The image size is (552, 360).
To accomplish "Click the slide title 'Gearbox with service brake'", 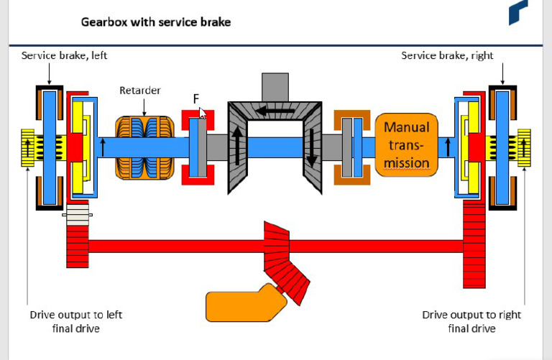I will pos(156,22).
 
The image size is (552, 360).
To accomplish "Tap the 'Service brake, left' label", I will pos(64,55).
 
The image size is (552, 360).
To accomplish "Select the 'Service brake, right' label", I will pos(447,55).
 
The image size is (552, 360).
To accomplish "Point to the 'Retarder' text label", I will pos(140,91).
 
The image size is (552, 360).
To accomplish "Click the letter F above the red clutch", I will pos(195,99).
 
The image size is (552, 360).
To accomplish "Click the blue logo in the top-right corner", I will pos(517,13).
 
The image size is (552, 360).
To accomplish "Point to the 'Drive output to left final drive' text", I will pos(65,321).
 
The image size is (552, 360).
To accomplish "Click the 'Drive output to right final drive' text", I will pos(471,321).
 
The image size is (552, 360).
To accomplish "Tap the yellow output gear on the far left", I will pos(29,148).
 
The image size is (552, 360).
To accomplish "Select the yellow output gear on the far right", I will pos(523,148).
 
